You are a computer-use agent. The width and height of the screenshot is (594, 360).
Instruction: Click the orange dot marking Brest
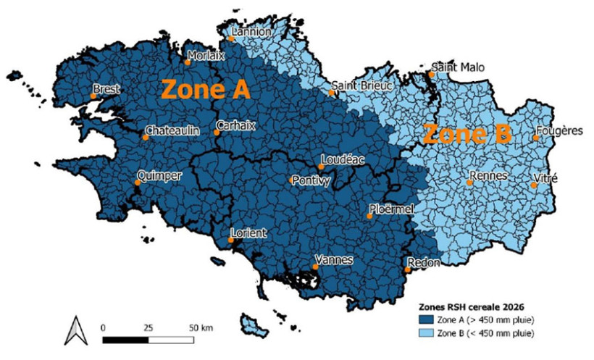point(93,95)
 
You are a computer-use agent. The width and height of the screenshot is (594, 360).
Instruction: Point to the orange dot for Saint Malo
point(431,74)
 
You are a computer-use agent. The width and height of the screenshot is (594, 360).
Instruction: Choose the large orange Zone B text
point(467,134)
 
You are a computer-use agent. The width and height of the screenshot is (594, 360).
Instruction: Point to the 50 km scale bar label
point(201,328)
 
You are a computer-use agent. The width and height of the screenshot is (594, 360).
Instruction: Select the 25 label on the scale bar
point(148,328)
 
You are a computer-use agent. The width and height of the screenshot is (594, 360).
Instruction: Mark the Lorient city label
point(248,233)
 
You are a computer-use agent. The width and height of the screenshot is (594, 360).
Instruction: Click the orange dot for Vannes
point(315,267)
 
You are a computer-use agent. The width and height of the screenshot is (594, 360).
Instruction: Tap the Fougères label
point(559,131)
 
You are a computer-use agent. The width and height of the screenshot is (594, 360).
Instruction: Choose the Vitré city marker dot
point(534,185)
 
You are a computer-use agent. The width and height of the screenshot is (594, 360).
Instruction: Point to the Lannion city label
point(251,33)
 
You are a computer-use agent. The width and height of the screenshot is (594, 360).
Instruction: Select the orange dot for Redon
point(408,271)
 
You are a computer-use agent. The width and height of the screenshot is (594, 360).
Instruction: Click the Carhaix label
point(236,125)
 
